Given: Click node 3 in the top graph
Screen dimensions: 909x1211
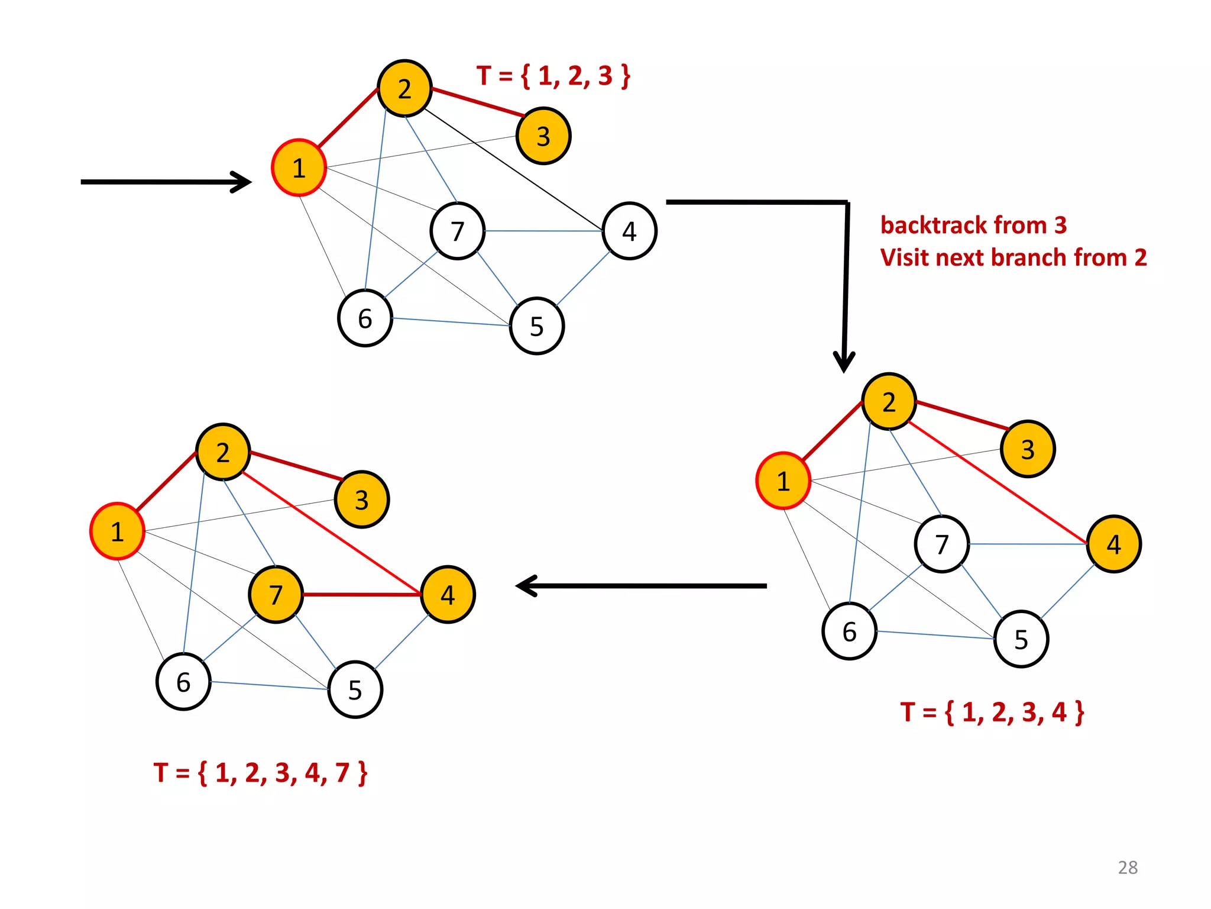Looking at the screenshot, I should pyautogui.click(x=543, y=136).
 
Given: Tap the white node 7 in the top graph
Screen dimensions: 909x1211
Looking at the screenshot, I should pyautogui.click(x=457, y=231).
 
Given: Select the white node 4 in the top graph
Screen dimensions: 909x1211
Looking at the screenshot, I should pyautogui.click(x=629, y=231).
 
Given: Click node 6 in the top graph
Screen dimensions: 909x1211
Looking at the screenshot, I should pyautogui.click(x=365, y=318).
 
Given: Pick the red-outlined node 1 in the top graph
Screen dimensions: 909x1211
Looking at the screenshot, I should pyautogui.click(x=299, y=168).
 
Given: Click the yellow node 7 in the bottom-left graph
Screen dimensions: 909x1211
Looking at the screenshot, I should pyautogui.click(x=276, y=594).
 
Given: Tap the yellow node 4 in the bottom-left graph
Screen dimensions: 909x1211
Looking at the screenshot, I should pyautogui.click(x=448, y=594).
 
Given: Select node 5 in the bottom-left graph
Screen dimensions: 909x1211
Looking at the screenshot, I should pyautogui.click(x=355, y=689).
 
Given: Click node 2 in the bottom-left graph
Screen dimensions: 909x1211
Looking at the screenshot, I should pyautogui.click(x=223, y=452).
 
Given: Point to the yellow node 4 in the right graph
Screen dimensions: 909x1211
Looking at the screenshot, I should pyautogui.click(x=1113, y=544).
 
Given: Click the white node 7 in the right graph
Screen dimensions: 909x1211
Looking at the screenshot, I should pyautogui.click(x=941, y=544).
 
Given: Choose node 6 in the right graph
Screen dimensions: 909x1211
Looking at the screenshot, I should pyautogui.click(x=849, y=631).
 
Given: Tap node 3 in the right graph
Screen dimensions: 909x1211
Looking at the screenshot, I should pyautogui.click(x=1028, y=449).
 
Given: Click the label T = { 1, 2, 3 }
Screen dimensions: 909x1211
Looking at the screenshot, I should pyautogui.click(x=553, y=76).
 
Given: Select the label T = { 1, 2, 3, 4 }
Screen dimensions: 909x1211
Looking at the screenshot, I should pyautogui.click(x=992, y=712).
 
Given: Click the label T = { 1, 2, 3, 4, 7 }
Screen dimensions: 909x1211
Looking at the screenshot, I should pyautogui.click(x=260, y=772).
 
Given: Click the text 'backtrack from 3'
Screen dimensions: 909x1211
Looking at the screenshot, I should pyautogui.click(x=973, y=225).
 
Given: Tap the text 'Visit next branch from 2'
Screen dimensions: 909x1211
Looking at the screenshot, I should pyautogui.click(x=1014, y=257).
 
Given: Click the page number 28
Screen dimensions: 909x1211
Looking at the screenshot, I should pyautogui.click(x=1128, y=867).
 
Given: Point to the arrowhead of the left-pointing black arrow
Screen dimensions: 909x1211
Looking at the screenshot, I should pyautogui.click(x=524, y=586).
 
